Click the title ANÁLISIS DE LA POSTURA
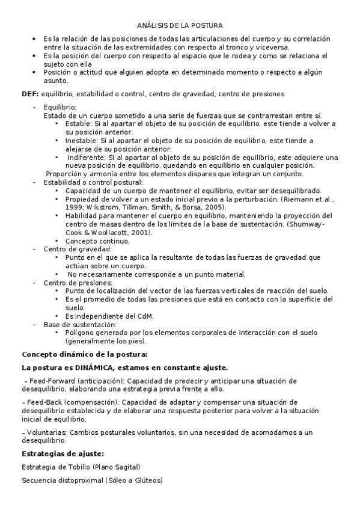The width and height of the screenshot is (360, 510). coord(180,25)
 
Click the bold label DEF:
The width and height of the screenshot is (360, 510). coord(30,94)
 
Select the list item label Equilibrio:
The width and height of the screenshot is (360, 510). coord(60,106)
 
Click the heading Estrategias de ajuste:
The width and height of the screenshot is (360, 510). coord(63,453)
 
